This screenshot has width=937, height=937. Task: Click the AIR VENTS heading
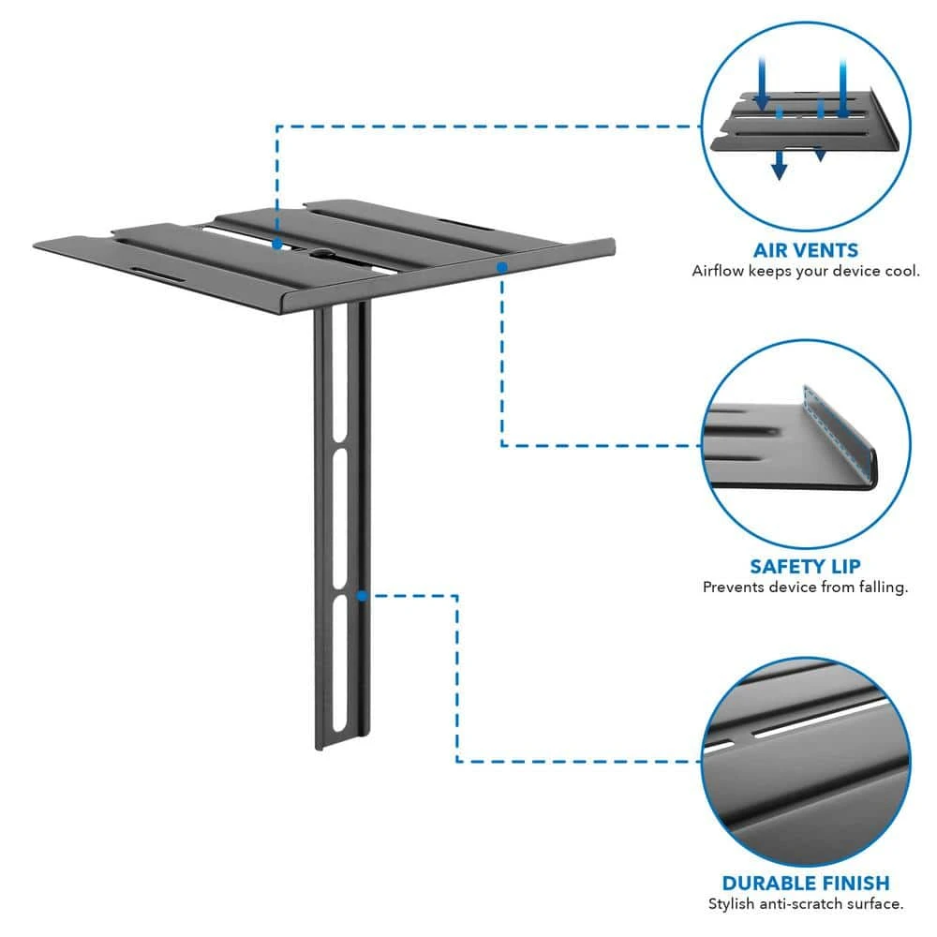coord(805,250)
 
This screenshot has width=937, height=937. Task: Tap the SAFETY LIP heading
coord(805,567)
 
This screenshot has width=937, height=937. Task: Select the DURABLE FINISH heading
coord(805,883)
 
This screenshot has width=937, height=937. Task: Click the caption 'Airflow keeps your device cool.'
coord(805,271)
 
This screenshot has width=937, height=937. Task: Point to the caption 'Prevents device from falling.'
coord(805,587)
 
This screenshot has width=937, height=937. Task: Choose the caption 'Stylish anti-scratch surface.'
coord(805,904)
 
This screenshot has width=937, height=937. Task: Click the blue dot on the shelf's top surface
coord(277,244)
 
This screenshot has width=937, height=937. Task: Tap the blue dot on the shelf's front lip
coord(502,267)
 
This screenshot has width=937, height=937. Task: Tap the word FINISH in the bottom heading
coord(854,883)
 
